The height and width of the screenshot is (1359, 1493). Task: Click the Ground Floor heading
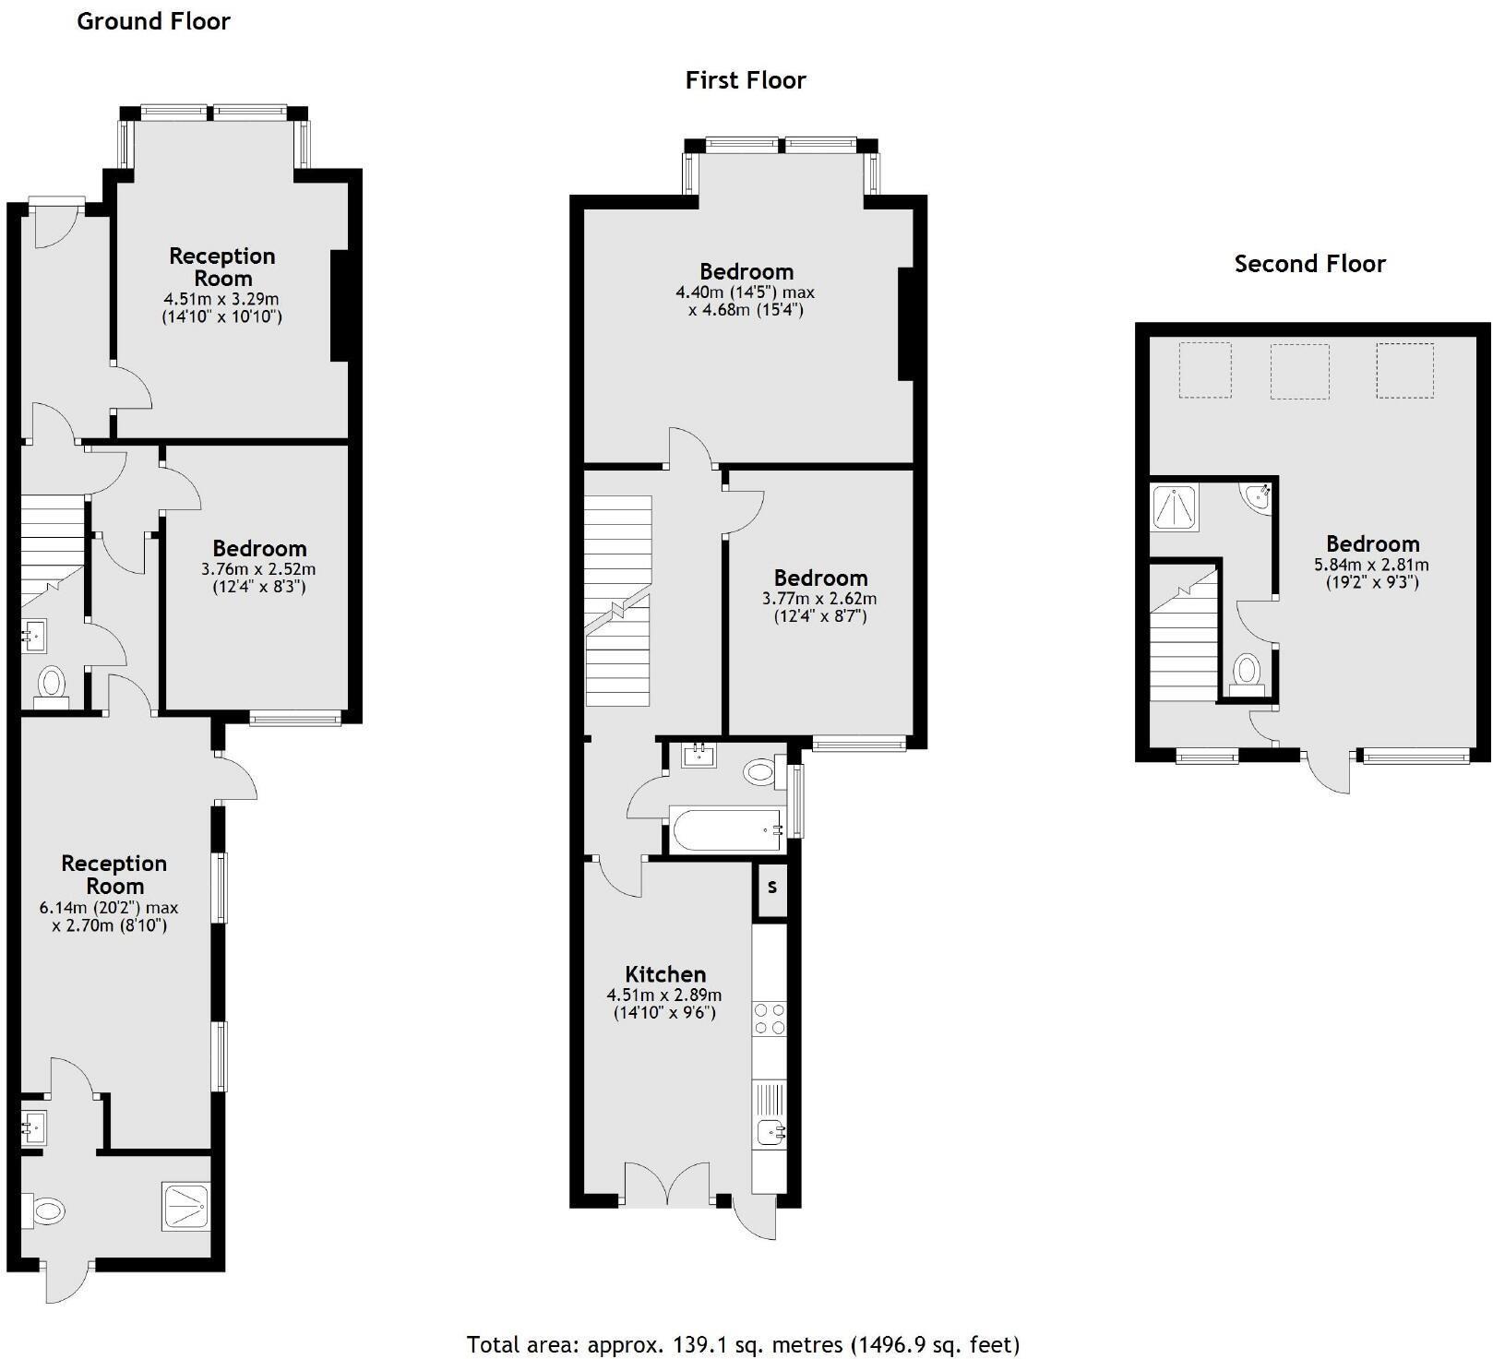pos(153,21)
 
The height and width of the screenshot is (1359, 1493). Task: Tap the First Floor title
pos(745,80)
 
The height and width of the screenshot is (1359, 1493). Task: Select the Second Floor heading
pos(1309,264)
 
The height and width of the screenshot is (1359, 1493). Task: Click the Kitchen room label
pos(665,974)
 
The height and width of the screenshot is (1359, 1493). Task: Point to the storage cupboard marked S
pos(772,888)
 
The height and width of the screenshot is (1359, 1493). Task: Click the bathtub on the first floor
pos(726,830)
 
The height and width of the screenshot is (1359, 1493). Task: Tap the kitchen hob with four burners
pos(770,1019)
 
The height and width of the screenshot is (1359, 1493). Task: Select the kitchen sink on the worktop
pos(770,1131)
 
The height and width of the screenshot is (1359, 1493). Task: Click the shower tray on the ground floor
pos(186,1206)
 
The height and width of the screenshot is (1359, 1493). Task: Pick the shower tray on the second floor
pos(1175,508)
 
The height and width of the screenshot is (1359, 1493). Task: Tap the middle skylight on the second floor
pos(1299,371)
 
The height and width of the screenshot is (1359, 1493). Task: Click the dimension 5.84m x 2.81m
pos(1371,565)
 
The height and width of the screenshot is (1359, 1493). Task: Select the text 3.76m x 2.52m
pos(258,569)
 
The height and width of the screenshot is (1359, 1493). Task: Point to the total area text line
pos(744,1344)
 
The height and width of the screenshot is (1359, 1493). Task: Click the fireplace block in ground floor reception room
pos(340,304)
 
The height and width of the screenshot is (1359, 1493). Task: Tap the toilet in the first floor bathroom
pos(760,771)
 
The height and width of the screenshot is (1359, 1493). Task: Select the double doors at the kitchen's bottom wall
pos(667,1184)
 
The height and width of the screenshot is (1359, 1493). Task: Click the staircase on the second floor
pos(1184,637)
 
